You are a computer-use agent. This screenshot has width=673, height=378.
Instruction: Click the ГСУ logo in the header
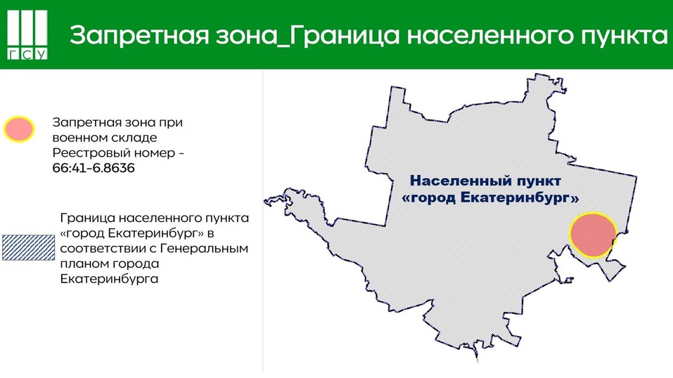click(27, 35)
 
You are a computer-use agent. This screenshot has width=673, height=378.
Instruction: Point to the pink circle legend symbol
click(19, 129)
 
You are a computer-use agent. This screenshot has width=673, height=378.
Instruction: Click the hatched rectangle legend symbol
click(26, 248)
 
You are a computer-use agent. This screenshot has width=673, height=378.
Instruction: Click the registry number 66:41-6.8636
click(94, 169)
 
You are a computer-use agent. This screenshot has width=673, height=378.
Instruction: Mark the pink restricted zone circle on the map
click(592, 235)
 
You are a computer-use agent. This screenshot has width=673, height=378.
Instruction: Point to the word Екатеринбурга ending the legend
click(109, 279)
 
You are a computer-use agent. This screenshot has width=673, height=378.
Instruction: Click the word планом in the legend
click(83, 263)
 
